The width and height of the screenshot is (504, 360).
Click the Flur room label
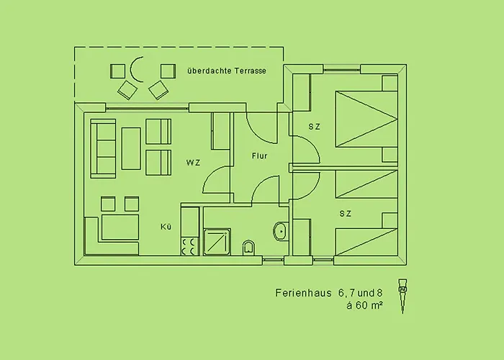click(259, 156)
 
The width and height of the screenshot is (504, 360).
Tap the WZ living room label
click(193, 163)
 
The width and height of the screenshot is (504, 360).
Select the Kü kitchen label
click(166, 227)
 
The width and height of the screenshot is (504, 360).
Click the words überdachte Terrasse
click(227, 71)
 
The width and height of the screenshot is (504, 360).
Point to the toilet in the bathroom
click(248, 248)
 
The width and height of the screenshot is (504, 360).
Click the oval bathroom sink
click(280, 231)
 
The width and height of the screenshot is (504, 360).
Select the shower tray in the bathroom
click(217, 242)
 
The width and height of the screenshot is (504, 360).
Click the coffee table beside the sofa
click(131, 148)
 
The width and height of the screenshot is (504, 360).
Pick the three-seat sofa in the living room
click(103, 148)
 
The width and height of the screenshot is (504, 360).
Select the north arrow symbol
click(402, 296)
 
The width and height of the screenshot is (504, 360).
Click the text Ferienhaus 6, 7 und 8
click(329, 293)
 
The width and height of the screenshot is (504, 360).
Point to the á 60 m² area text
click(364, 305)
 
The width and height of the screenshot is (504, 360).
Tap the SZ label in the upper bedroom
click(315, 127)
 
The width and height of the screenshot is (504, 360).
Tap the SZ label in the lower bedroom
click(345, 213)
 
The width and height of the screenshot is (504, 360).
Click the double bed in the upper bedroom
click(366, 119)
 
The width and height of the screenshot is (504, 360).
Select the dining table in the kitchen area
click(120, 228)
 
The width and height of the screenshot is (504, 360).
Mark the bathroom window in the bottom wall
click(273, 261)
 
